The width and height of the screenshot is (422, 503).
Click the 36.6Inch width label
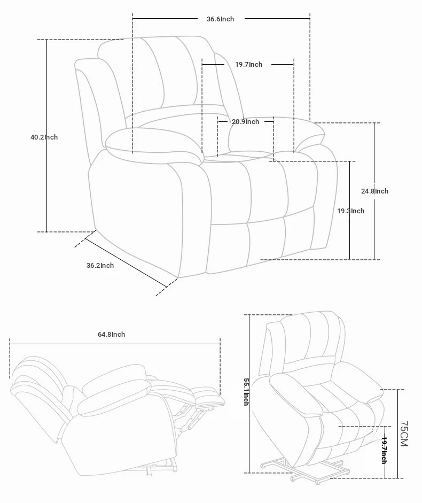coord(220,19)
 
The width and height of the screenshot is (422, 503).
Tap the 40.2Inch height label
coord(44,137)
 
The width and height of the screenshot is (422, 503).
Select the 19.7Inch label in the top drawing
coord(248,65)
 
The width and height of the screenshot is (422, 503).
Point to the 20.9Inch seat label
coord(245,122)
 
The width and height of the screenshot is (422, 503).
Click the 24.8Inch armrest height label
coord(374,191)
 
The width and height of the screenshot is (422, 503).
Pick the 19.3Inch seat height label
coord(350,211)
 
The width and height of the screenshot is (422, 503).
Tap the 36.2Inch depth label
coord(100,266)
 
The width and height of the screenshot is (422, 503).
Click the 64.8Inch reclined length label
coord(111,335)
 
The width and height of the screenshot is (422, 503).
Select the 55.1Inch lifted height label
coord(246,392)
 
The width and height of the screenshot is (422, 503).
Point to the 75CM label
coord(403,434)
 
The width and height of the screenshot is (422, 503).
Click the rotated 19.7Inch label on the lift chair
coord(384,450)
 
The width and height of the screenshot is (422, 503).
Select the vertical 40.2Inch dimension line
coord(47,136)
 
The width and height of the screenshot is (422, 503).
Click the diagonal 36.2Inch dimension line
coord(126,263)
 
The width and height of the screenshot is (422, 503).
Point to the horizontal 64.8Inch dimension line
coord(115,344)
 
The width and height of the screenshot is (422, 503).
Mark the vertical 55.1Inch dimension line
coord(249,394)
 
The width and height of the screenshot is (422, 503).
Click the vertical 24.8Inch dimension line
coord(374,191)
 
